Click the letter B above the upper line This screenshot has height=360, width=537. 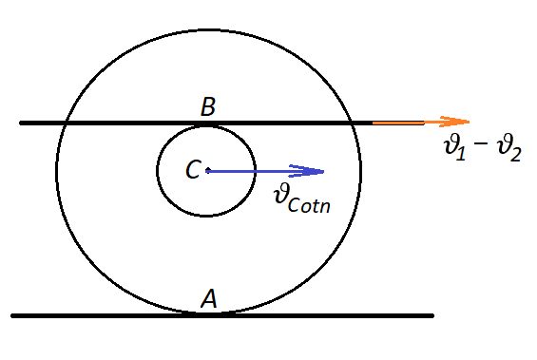click(208, 106)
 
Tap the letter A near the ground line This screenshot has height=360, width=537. click(209, 298)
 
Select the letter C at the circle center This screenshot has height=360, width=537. click(193, 169)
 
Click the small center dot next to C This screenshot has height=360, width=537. click(208, 170)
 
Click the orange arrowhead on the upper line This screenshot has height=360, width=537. click(454, 122)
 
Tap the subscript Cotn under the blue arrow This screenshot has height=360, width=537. click(309, 205)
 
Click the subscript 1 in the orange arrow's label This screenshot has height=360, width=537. click(461, 152)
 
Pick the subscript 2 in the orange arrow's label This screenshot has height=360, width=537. click(515, 153)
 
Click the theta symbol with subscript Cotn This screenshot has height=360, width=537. click(282, 194)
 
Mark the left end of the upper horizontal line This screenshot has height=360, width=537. click(21, 123)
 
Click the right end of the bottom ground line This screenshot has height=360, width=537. click(432, 315)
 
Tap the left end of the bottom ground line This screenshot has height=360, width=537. click(12, 315)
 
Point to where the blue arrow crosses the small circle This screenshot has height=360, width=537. click(255, 171)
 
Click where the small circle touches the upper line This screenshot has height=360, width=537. click(206, 125)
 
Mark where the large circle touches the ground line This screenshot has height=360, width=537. click(209, 313)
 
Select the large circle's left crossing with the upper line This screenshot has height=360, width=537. click(66, 123)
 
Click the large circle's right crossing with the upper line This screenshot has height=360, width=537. click(352, 123)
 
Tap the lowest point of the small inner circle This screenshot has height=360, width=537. click(206, 216)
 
